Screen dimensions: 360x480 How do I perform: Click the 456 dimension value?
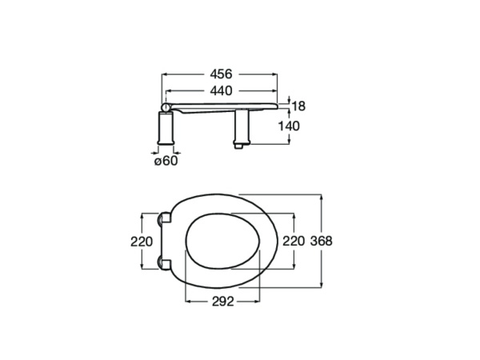click(220, 73)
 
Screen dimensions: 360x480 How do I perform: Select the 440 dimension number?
click(220, 90)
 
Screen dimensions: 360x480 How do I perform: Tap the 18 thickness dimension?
click(298, 106)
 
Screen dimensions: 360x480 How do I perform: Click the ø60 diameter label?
click(166, 162)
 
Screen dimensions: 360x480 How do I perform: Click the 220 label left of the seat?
click(142, 242)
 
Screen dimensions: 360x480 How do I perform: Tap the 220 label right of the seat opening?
click(294, 240)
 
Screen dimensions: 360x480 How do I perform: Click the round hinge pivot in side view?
click(166, 106)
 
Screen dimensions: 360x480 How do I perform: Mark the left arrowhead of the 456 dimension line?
click(165, 73)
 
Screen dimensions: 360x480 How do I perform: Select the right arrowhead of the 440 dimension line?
click(277, 90)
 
